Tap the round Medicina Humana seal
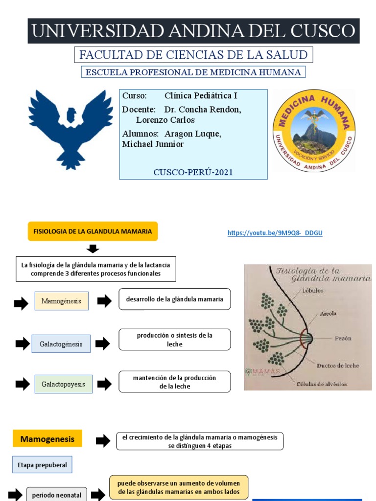[x=314, y=130]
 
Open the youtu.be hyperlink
[x=275, y=233]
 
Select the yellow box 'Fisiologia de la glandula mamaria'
[x=93, y=231]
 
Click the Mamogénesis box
[x=61, y=301]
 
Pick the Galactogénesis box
[x=61, y=344]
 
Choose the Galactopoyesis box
[x=63, y=384]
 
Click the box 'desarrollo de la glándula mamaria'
[x=175, y=299]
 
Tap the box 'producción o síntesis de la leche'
[x=175, y=340]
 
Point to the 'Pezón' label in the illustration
[x=343, y=339]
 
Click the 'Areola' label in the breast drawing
[x=329, y=314]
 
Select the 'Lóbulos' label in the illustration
[x=313, y=291]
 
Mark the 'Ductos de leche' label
[x=338, y=365]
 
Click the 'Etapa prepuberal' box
[x=42, y=465]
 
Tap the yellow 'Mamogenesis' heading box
[x=47, y=439]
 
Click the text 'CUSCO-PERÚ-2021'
[x=193, y=172]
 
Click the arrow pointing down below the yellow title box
[x=93, y=249]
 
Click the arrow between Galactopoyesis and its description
[x=105, y=384]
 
